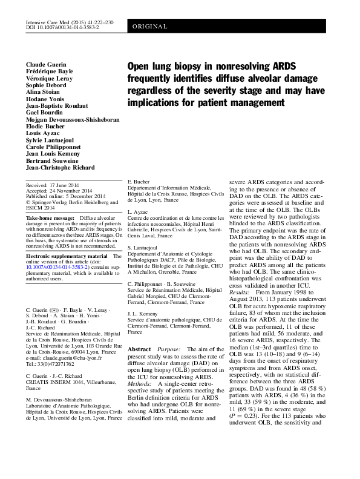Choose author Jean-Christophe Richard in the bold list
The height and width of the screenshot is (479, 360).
point(62,167)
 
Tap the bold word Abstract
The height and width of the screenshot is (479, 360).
point(139,350)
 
